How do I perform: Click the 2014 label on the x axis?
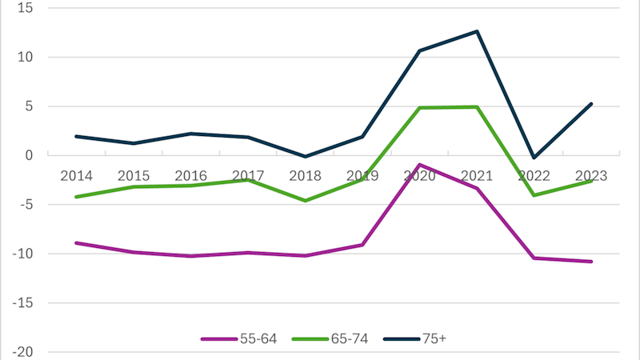(x=76, y=175)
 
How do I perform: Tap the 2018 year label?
(x=306, y=175)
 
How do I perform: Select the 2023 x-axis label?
(x=592, y=175)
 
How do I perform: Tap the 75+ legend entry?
(x=428, y=338)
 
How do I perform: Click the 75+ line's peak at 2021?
(x=478, y=31)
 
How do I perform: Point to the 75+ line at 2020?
(x=420, y=50)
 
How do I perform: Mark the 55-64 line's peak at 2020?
(x=420, y=165)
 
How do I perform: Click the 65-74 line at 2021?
(x=478, y=106)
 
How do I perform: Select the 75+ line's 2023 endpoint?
(x=592, y=103)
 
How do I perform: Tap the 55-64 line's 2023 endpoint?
(x=592, y=262)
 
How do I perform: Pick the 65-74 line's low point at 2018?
(x=306, y=201)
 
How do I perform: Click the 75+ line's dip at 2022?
(x=534, y=158)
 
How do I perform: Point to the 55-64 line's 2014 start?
(x=76, y=242)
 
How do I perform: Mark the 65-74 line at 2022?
(x=534, y=195)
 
